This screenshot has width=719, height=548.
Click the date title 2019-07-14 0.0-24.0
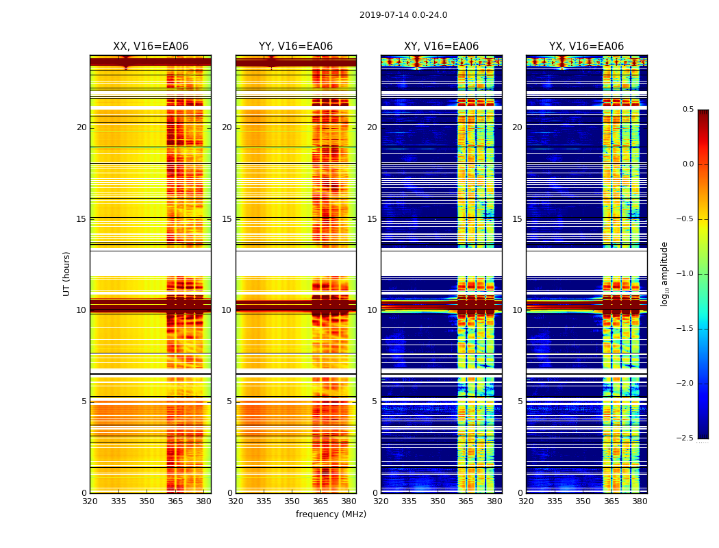[403, 15]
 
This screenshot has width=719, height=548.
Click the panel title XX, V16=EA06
[151, 47]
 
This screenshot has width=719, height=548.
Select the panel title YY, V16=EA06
[296, 47]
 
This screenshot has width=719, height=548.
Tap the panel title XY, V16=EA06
[442, 47]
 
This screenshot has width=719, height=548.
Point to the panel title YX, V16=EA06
[587, 47]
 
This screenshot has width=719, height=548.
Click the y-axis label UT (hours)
[66, 273]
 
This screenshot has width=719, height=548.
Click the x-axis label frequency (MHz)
[331, 514]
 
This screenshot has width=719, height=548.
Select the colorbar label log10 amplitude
[664, 273]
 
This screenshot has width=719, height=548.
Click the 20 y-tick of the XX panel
[81, 127]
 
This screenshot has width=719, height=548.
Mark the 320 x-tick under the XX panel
[90, 501]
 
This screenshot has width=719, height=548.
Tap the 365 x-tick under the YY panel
[320, 501]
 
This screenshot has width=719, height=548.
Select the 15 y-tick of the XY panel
[372, 219]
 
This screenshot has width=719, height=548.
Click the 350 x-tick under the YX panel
[583, 501]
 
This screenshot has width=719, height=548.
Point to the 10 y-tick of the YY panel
[227, 310]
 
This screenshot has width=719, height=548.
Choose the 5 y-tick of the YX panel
[520, 401]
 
